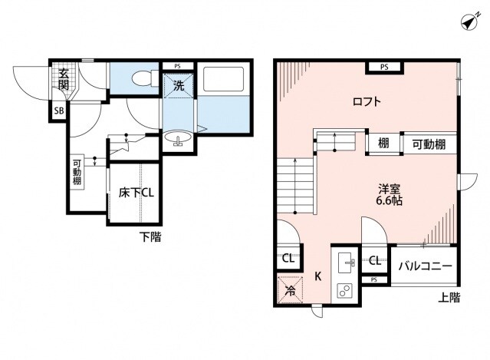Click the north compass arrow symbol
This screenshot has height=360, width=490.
pos(470,21)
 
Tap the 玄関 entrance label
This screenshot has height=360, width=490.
pos(64,79)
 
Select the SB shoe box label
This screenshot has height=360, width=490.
pos(59,111)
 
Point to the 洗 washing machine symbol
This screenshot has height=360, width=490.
pos(179,86)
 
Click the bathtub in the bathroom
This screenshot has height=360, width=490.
pos(223,79)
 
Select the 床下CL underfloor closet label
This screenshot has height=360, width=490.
pos(136,193)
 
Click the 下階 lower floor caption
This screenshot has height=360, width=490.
pos(150,236)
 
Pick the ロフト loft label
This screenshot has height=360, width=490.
pos(367,101)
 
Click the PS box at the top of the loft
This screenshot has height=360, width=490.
pos(384,67)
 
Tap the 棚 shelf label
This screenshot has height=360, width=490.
pos(383,144)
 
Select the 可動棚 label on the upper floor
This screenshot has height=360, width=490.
pos(429,144)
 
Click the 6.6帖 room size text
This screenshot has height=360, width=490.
pos(389,200)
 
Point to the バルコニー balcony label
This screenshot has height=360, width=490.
pos(426,266)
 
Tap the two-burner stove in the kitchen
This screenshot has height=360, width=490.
pos(344,292)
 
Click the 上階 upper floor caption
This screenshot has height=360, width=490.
pos(449,298)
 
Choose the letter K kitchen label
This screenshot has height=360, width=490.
pos(317,276)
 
